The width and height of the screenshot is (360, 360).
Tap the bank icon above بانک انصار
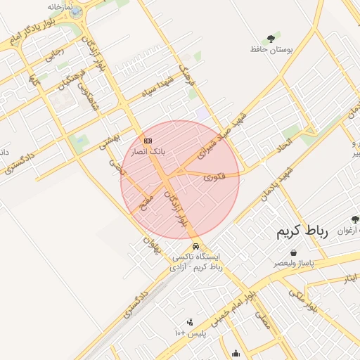pyautogui.click(x=148, y=140)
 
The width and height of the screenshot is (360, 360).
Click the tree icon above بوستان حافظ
pyautogui.click(x=271, y=38)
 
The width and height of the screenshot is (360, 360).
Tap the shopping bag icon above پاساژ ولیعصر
pyautogui.click(x=292, y=252)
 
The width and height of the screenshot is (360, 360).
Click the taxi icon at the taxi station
pyautogui.click(x=195, y=247)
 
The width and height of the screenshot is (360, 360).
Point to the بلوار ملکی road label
pyautogui.click(x=304, y=299)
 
